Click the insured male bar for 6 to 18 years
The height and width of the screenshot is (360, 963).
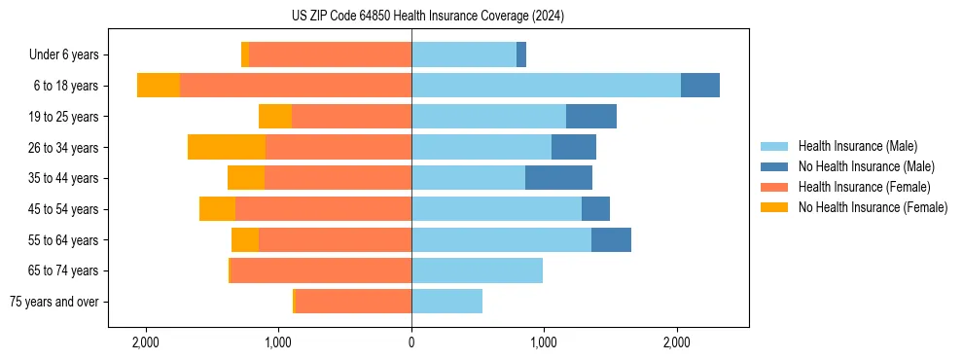click(x=546, y=85)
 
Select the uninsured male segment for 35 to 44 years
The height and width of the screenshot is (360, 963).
click(x=558, y=178)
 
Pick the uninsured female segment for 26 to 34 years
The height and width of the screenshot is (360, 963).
click(x=227, y=147)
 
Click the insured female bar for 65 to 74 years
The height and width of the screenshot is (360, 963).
click(x=320, y=270)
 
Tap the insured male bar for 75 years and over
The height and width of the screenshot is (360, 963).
click(x=446, y=302)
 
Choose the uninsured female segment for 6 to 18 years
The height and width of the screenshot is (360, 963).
click(x=159, y=85)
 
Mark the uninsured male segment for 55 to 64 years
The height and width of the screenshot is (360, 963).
click(x=611, y=239)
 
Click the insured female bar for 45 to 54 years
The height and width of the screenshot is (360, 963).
click(x=323, y=208)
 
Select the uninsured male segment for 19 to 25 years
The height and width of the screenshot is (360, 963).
click(x=591, y=116)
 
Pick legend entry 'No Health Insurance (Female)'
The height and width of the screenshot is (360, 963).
click(x=873, y=207)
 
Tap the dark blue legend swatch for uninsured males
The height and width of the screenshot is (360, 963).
click(x=774, y=166)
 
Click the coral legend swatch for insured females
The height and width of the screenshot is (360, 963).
click(x=774, y=187)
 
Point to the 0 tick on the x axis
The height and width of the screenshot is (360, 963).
click(x=411, y=342)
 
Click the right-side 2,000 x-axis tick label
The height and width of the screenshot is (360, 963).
click(x=677, y=342)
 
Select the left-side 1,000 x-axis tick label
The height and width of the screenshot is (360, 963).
click(x=279, y=342)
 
